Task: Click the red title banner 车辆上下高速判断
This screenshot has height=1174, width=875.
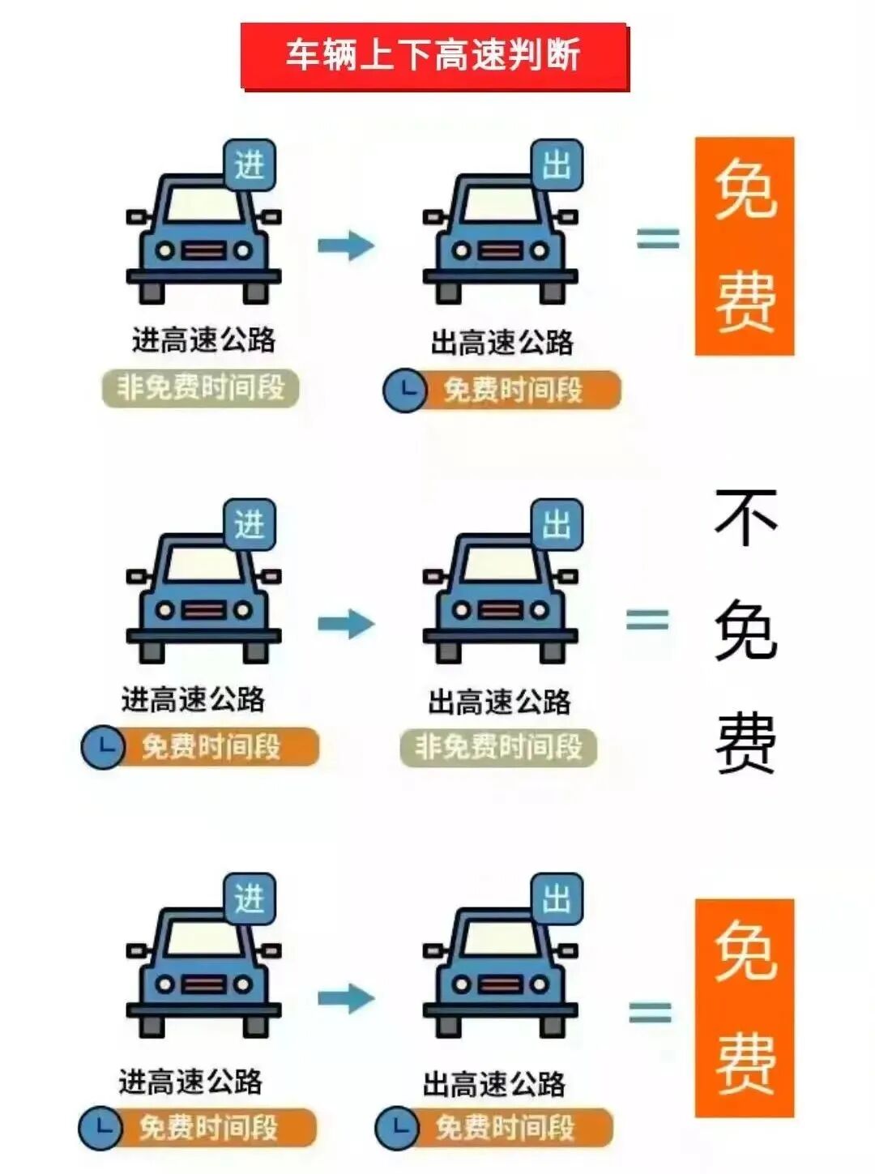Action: click(434, 56)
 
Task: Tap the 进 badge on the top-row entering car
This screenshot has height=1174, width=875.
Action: click(250, 166)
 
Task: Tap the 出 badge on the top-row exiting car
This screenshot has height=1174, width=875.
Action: click(557, 166)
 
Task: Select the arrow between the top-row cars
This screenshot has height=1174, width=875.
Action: click(346, 245)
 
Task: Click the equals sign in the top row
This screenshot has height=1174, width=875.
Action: click(657, 238)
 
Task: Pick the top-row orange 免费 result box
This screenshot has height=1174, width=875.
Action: click(744, 246)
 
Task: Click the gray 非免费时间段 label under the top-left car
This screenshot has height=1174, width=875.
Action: click(201, 388)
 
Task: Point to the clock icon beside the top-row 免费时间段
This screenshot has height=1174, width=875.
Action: click(404, 391)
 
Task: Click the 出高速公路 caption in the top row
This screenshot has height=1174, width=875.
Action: click(502, 343)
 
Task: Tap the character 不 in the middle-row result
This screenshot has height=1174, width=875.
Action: click(745, 519)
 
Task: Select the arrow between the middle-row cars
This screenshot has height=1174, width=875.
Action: click(346, 623)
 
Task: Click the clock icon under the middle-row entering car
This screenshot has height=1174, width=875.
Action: click(102, 746)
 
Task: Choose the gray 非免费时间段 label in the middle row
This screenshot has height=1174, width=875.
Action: click(498, 747)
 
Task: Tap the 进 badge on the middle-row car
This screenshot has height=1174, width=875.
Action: click(250, 525)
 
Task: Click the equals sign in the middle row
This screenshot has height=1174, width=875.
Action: click(647, 621)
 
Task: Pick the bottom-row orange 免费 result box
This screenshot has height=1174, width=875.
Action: click(744, 1008)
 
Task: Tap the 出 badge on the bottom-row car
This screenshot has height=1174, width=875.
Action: click(557, 899)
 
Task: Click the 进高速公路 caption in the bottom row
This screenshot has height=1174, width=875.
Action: click(191, 1082)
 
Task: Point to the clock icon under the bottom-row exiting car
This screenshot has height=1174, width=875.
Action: click(397, 1127)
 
